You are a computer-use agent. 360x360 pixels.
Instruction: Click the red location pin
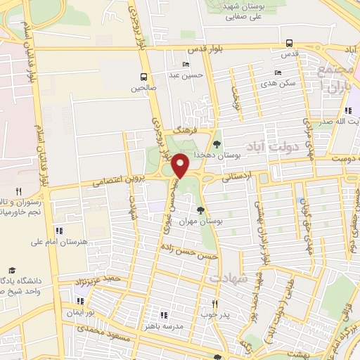pyautogui.click(x=181, y=164)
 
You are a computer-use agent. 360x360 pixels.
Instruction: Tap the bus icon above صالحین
pyautogui.click(x=143, y=77)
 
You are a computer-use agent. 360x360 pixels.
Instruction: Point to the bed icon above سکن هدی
pyautogui.click(x=278, y=72)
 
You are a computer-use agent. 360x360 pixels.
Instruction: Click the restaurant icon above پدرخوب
pyautogui.click(x=216, y=304)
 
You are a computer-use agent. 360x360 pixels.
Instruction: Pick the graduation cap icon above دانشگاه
pyautogui.click(x=11, y=270)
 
